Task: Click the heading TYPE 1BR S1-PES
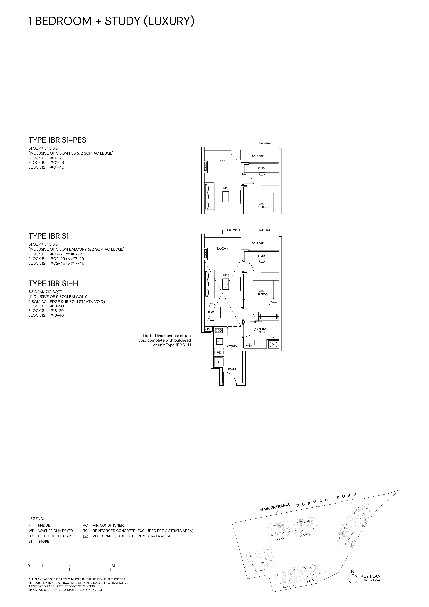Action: pyautogui.click(x=57, y=140)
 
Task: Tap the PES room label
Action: pyautogui.click(x=222, y=161)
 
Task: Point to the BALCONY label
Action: pyautogui.click(x=222, y=248)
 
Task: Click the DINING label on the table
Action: pyautogui.click(x=212, y=312)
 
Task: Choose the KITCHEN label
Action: pyautogui.click(x=232, y=346)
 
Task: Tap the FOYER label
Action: pyautogui.click(x=232, y=369)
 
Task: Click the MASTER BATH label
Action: pyautogui.click(x=261, y=330)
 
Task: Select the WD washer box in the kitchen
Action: pyautogui.click(x=219, y=353)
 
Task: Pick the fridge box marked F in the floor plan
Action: pyautogui.click(x=219, y=362)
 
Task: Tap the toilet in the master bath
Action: pyautogui.click(x=261, y=341)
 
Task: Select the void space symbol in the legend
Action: pyautogui.click(x=85, y=536)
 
